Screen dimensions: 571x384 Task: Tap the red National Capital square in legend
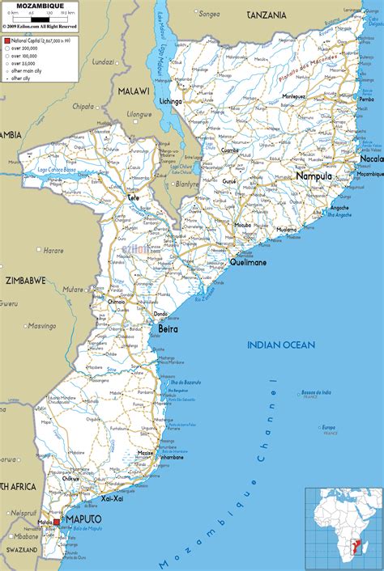pos(6,39)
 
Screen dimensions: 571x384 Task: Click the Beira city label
pos(167,330)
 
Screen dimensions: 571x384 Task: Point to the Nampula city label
pos(314,176)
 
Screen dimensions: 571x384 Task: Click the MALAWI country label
pos(134,91)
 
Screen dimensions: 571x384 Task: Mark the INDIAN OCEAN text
pos(280,345)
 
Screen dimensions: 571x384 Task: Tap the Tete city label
pos(134,197)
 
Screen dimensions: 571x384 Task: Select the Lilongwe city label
pos(139,115)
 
